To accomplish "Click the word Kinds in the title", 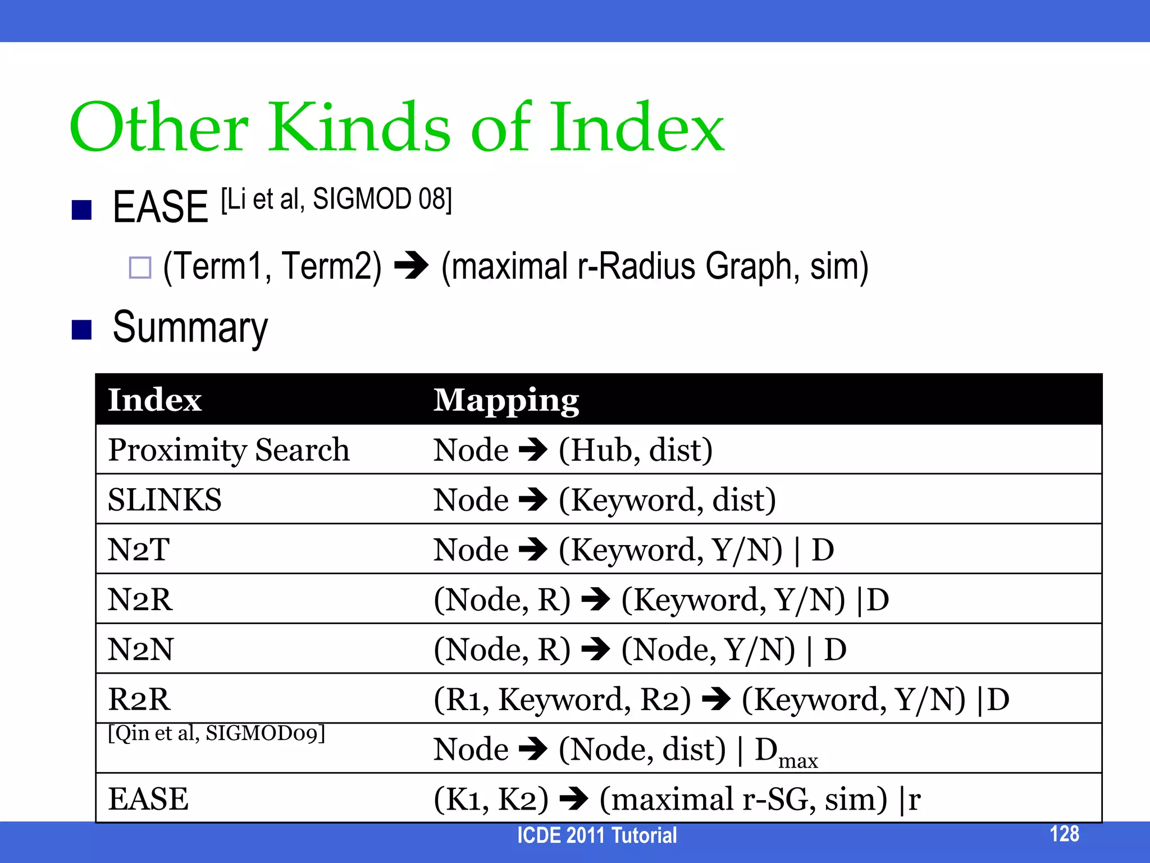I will [x=360, y=128].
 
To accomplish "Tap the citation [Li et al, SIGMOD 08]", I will [x=336, y=199].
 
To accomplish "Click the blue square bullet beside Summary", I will [x=82, y=330].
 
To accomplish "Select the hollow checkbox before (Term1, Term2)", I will [x=140, y=267].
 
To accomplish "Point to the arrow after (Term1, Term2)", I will [x=411, y=266].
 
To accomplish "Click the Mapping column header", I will [x=506, y=401].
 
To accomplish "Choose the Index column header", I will [x=154, y=400].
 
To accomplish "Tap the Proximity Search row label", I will [x=229, y=450].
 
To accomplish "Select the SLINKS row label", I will [x=165, y=499].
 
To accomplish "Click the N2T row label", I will [x=138, y=549].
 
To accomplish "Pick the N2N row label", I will [x=140, y=649].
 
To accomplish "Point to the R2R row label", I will [x=139, y=699].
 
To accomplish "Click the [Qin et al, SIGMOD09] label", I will [x=216, y=733].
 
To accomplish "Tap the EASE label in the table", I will [x=148, y=798].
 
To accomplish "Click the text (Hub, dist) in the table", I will [x=636, y=450].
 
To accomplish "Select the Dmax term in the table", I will [x=786, y=752].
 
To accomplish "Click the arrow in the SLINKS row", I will [x=533, y=499].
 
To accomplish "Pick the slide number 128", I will [x=1064, y=834].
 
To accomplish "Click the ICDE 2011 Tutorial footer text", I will [x=596, y=835].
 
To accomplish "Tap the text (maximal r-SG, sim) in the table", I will [x=743, y=798].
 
